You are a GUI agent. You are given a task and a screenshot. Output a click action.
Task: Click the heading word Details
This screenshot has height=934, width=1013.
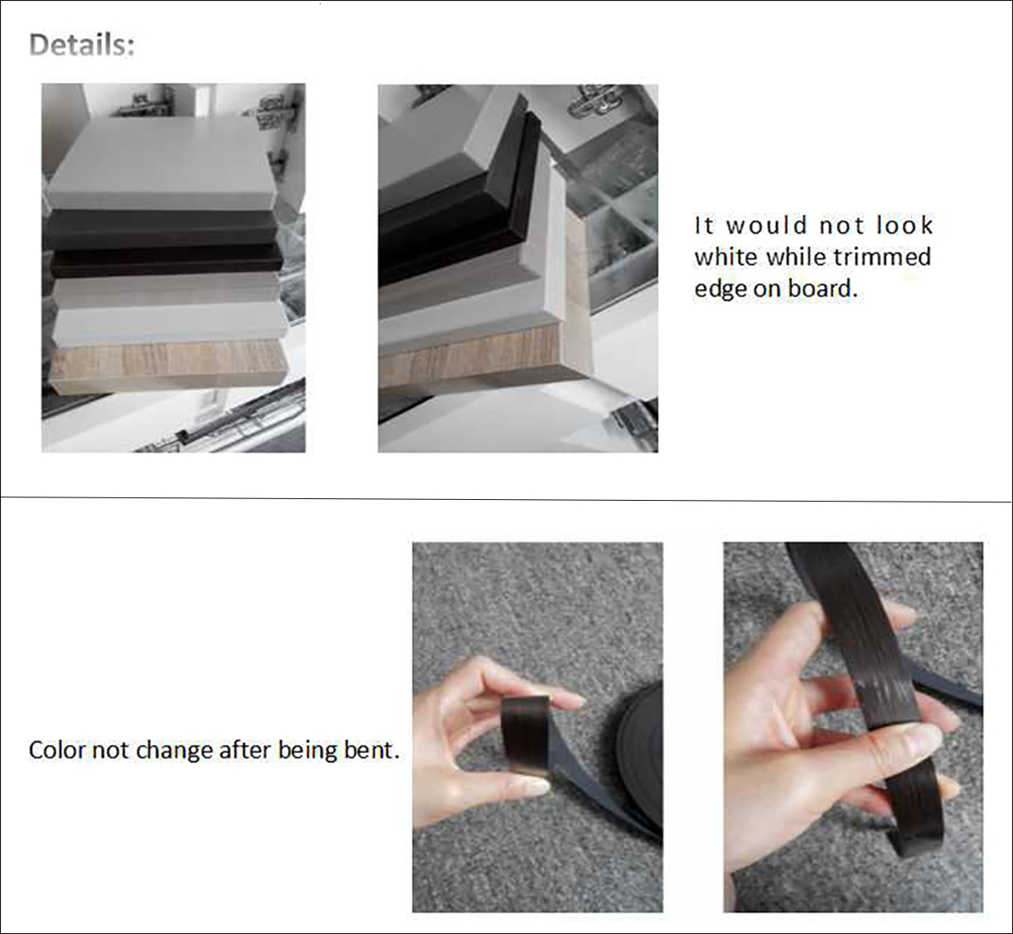81,45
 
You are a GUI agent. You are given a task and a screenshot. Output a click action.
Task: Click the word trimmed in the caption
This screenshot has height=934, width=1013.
881,257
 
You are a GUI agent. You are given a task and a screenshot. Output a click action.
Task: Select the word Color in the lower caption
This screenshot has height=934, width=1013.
57,750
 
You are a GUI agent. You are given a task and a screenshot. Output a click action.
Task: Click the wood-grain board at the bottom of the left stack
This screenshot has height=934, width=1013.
169,366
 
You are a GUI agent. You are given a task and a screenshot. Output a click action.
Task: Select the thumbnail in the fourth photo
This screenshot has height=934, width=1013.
920,739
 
